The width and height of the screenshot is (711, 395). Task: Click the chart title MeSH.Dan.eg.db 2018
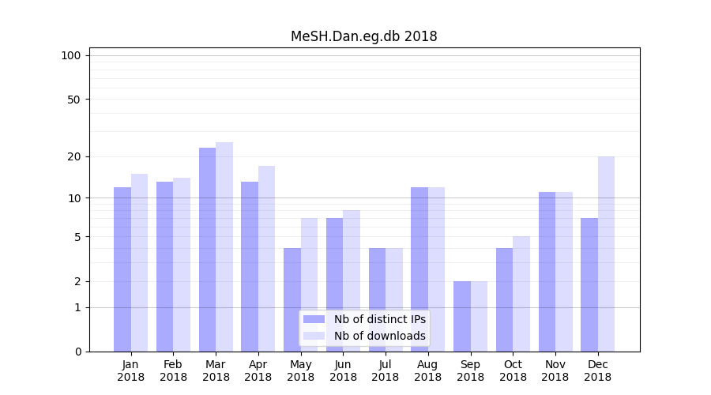coord(363,36)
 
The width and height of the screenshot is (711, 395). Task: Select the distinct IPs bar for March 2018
coord(207,250)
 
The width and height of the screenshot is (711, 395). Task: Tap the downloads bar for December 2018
coord(606,254)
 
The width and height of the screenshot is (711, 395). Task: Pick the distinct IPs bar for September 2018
coord(462,316)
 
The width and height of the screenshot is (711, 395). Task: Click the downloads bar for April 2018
coord(267,258)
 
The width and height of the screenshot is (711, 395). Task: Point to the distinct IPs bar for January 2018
coord(122,269)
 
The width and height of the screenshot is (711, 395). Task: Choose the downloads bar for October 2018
coord(521,294)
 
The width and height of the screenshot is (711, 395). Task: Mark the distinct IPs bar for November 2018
coord(547,272)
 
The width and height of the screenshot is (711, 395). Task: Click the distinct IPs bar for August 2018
coord(419,269)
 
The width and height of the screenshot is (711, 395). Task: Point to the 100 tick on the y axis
coord(71,55)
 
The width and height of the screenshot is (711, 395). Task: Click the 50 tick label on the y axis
coord(73,100)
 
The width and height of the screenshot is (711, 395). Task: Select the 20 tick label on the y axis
coord(73,156)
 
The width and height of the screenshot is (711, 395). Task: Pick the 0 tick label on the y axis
coord(77,352)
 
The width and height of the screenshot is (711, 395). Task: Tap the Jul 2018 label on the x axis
coord(386,371)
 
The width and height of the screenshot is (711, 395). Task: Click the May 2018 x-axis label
coord(300,371)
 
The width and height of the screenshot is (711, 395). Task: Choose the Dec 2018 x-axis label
coord(597,371)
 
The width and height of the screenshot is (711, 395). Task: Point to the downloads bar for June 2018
coord(352,280)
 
